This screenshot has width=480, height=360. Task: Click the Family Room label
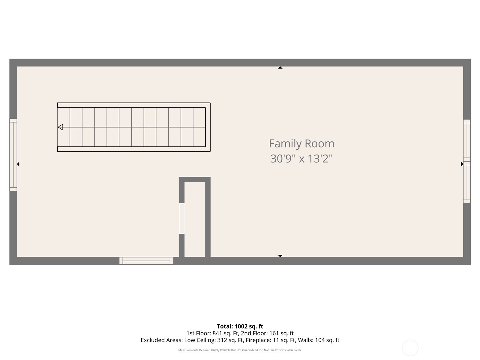[x=301, y=143]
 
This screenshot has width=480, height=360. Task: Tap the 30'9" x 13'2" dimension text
[x=301, y=158]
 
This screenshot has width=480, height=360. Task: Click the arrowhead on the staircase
[x=60, y=127]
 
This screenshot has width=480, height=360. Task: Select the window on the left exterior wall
[x=13, y=155]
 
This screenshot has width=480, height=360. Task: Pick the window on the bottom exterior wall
[x=146, y=261]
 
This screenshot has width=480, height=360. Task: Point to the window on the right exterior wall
[x=467, y=161]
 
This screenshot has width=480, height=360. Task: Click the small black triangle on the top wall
[x=280, y=68]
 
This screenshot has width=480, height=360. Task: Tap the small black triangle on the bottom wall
[x=280, y=256]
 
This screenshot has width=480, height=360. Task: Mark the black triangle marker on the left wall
[x=18, y=164]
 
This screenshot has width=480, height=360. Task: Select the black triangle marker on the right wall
[x=462, y=164]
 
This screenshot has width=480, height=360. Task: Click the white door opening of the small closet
[x=182, y=218]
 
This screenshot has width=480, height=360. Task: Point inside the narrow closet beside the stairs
[x=195, y=219]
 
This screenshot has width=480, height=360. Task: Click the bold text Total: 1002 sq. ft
[x=240, y=326]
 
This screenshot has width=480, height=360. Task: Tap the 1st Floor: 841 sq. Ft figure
[x=212, y=333]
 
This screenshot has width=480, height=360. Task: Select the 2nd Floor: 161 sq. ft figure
[x=267, y=333]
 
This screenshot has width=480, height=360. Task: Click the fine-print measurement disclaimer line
[x=240, y=350]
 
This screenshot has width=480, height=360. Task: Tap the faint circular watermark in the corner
[x=410, y=348]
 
